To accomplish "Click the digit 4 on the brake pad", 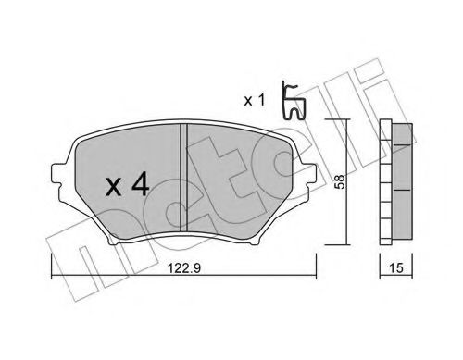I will coord(141,185).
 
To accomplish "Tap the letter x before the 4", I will coord(113,187).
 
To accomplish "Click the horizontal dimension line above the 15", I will coord(396,256).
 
